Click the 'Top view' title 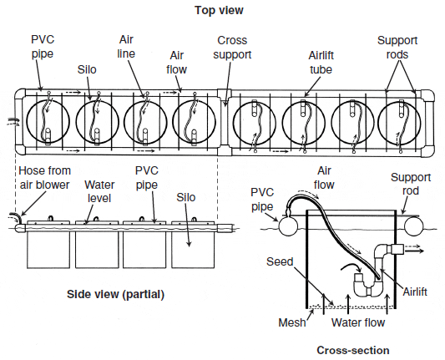point(219,10)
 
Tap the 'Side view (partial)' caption point(115,294)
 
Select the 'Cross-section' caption point(353,350)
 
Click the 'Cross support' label point(232,48)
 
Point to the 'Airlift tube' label point(321,63)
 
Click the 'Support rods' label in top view point(397,48)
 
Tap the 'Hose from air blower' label point(44,178)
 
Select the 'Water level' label point(99,191)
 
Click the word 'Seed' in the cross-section point(280,261)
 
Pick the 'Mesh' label point(292,322)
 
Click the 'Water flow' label point(358,322)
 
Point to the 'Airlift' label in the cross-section point(415,292)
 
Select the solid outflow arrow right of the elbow point(414,251)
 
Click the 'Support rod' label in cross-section point(411,184)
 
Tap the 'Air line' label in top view point(126,47)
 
